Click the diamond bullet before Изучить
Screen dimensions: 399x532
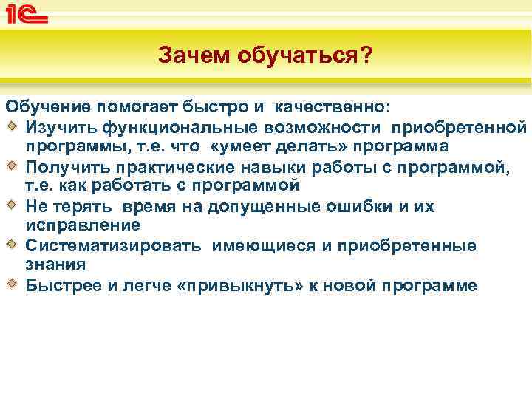12,129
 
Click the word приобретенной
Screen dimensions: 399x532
458,129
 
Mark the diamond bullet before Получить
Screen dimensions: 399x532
12,166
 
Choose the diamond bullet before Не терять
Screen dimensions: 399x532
12,205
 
